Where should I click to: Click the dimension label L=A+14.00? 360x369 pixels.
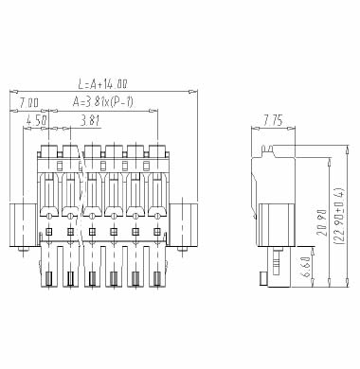point(102,84)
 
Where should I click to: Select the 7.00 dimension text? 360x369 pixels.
point(28,103)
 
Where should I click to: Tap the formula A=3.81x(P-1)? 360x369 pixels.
point(103,102)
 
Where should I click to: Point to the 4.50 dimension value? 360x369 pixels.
point(37,120)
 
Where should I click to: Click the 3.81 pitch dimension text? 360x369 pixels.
point(90,120)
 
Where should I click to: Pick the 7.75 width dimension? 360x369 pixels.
point(273,120)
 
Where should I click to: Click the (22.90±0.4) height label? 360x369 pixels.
point(340,216)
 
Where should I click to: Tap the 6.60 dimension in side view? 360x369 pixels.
point(306,269)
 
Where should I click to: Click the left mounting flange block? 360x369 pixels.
point(23,225)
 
